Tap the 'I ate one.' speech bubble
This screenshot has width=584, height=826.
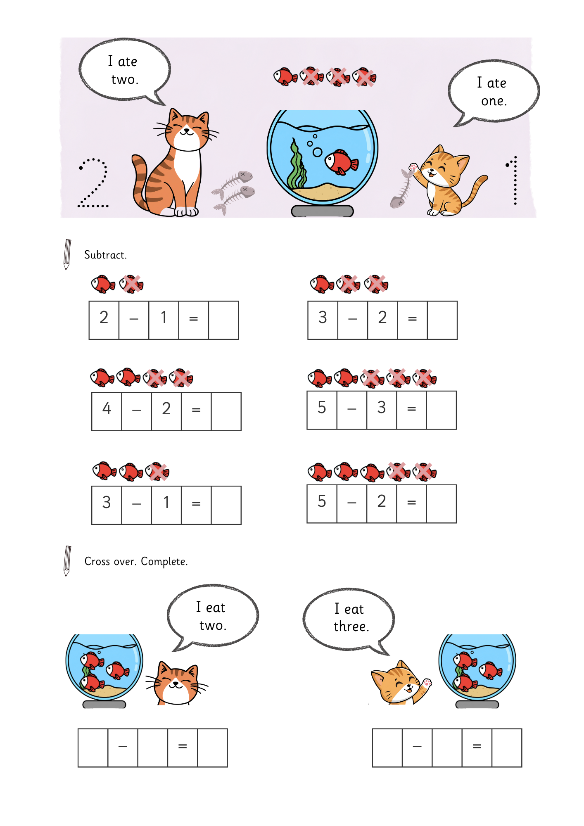494,91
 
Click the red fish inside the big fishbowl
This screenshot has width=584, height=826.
341,162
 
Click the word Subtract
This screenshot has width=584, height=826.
105,255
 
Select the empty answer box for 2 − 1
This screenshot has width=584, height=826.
223,320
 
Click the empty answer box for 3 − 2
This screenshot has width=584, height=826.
442,320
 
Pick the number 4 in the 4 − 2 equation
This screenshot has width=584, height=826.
107,408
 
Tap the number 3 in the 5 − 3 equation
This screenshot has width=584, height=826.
382,407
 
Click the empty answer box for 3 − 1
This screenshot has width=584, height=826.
226,505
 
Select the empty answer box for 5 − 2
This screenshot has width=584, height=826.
442,504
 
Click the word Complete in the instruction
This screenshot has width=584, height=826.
164,562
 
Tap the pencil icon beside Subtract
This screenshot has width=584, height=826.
67,254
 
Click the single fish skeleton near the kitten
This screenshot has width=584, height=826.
401,188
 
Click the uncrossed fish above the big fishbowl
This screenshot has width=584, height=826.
285,76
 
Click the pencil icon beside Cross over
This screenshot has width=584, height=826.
67,561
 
